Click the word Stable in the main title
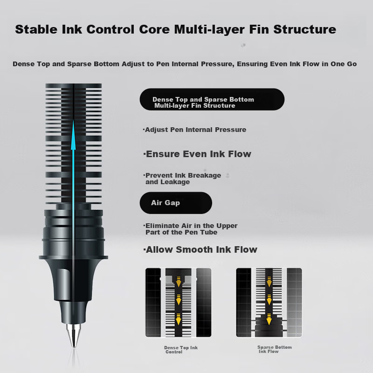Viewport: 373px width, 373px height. [36, 29]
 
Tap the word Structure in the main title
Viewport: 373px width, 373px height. [305, 29]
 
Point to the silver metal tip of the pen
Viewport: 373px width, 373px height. [74, 335]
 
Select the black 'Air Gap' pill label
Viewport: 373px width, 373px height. [176, 203]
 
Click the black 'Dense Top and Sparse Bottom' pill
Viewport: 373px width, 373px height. [212, 99]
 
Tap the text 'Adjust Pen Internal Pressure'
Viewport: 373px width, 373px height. [195, 130]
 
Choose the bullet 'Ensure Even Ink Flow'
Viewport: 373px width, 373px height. [197, 154]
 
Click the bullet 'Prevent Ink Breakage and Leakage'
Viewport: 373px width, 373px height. [182, 179]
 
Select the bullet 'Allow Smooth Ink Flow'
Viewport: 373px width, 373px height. [200, 249]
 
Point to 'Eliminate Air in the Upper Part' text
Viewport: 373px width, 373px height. [191, 229]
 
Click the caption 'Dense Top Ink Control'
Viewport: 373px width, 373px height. [181, 350]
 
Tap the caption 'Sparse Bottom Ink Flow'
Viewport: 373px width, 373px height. [275, 349]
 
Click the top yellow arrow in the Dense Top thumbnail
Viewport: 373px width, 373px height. [179, 282]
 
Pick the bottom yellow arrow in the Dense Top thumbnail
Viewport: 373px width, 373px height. [178, 319]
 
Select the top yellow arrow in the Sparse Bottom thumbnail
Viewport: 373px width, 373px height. [269, 282]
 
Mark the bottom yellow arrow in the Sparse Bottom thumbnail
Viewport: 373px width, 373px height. [269, 319]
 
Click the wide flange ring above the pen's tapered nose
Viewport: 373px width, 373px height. [74, 257]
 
